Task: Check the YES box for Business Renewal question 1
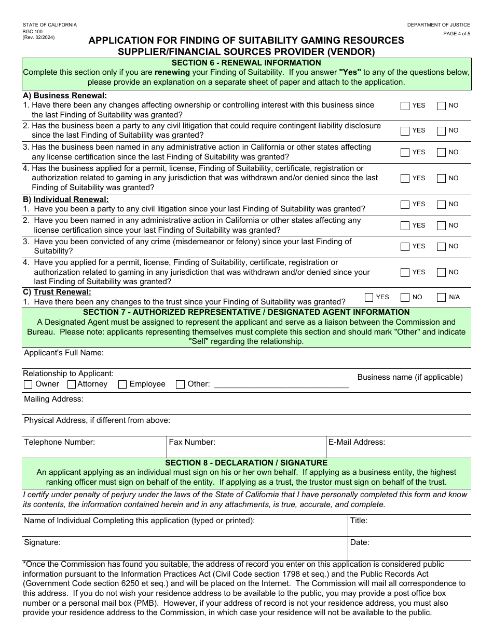point(405,106)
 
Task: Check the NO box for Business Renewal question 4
point(441,179)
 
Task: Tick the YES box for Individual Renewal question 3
point(405,247)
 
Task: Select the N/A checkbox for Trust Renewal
point(441,298)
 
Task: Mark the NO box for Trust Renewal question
point(405,298)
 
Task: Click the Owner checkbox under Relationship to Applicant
point(29,384)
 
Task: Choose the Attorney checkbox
point(73,384)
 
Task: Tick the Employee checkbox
point(122,384)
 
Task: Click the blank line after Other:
point(281,384)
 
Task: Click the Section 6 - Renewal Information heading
point(246,63)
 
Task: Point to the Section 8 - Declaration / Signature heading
point(246,462)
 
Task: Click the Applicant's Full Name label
point(64,353)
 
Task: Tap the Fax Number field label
point(192,442)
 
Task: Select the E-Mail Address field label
point(357,442)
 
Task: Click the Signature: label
point(43,542)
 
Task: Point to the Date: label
point(360,542)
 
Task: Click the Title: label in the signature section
point(359,521)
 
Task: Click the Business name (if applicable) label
point(410,377)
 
